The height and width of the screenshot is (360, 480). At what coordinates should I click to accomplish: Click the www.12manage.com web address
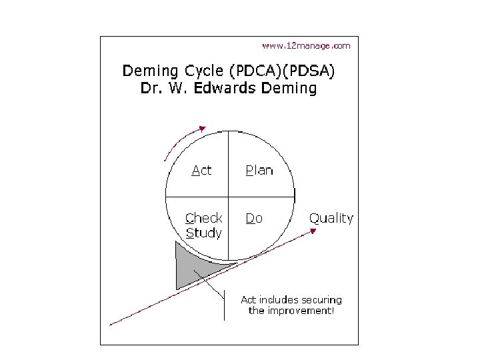point(305,46)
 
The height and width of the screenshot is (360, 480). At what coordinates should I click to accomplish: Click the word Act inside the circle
point(201,170)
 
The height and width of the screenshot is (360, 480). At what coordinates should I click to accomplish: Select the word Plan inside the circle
point(259,170)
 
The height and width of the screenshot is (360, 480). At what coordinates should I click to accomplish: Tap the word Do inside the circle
point(254,218)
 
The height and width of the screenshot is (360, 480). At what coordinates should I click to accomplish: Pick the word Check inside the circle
point(204,218)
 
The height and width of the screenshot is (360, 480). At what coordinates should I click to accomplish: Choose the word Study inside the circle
point(203,233)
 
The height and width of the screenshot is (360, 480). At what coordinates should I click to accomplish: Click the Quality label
point(331,218)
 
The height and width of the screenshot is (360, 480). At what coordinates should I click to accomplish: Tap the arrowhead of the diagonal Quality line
point(313,230)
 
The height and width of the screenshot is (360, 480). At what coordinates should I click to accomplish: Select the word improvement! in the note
point(301,311)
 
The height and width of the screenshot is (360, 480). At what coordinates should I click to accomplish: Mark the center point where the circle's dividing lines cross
point(229,196)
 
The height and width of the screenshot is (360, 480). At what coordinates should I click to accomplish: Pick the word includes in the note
point(278,300)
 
